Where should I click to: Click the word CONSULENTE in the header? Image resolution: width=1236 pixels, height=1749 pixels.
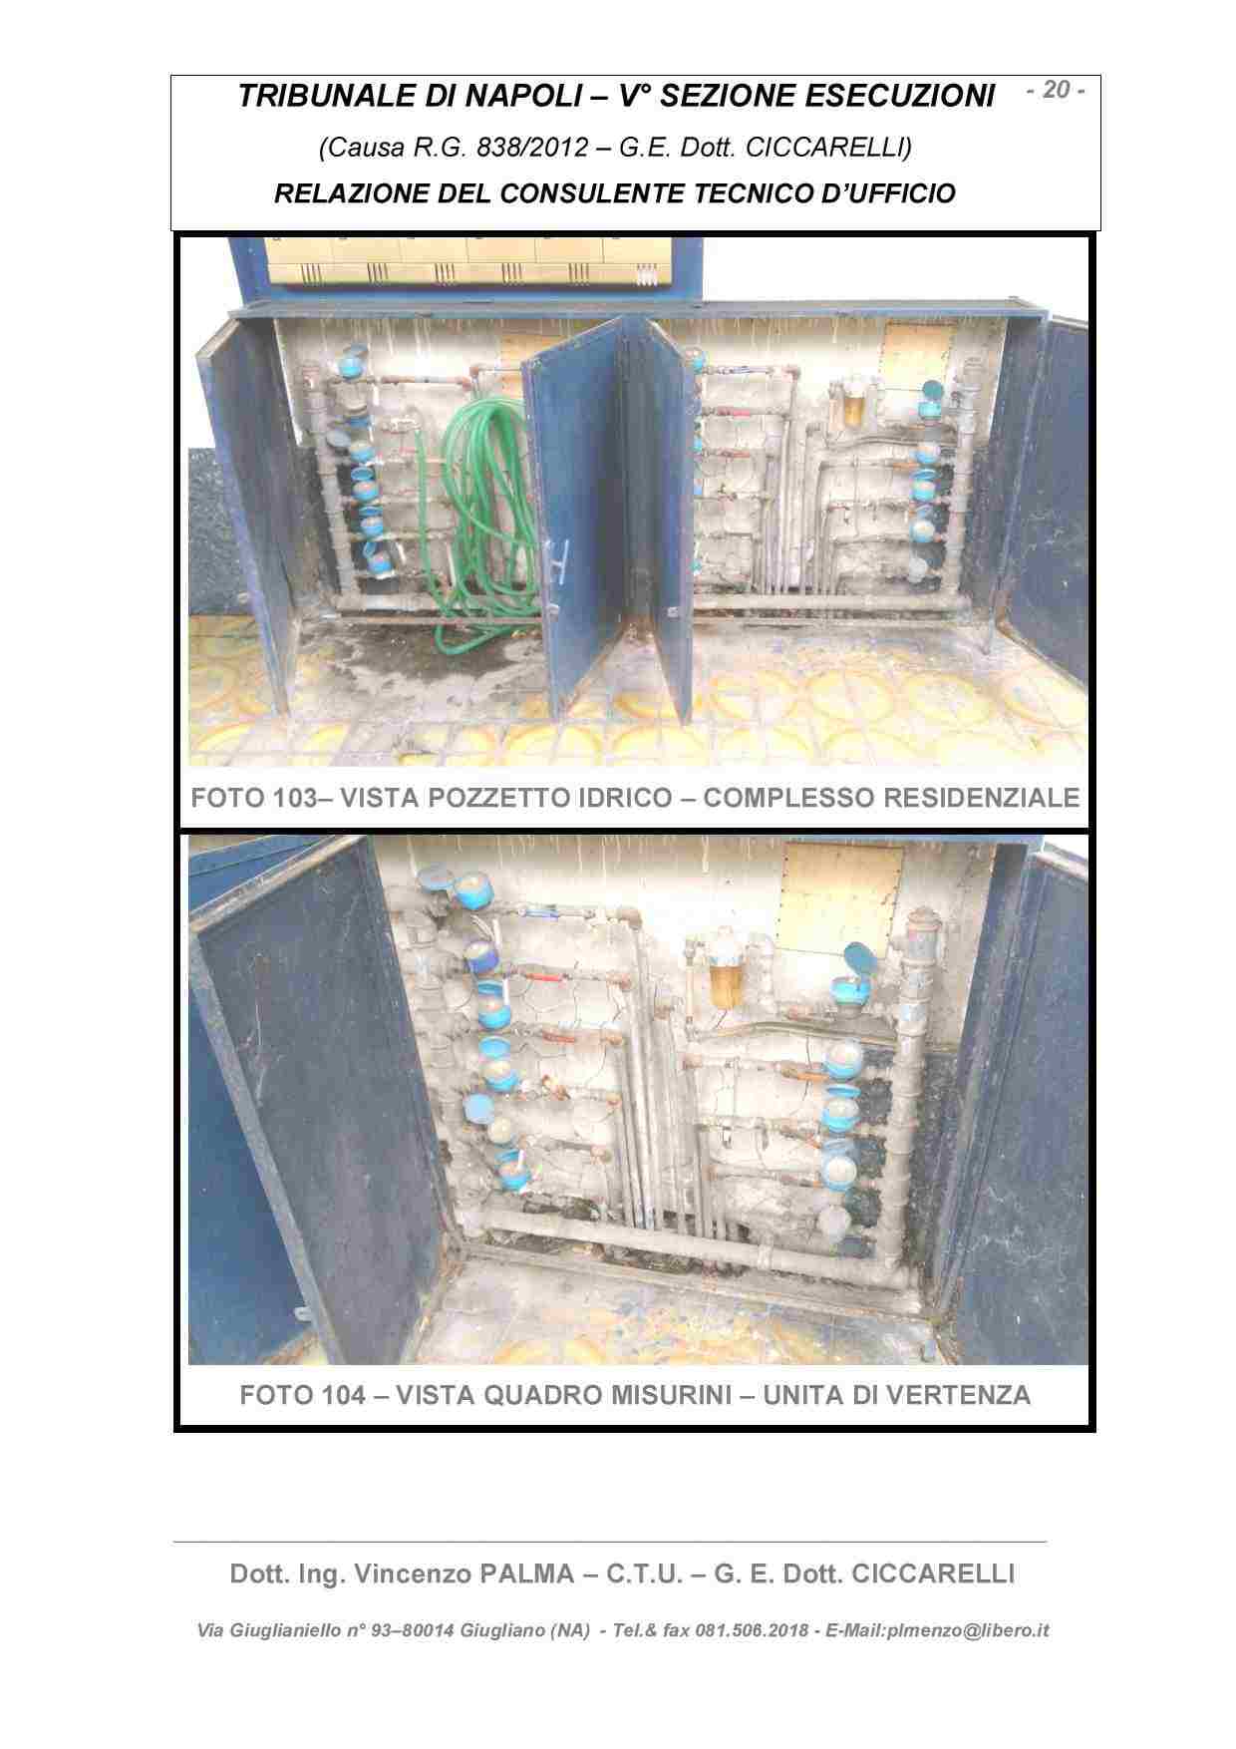(576, 192)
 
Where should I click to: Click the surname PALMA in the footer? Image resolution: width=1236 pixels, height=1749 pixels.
(526, 1574)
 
